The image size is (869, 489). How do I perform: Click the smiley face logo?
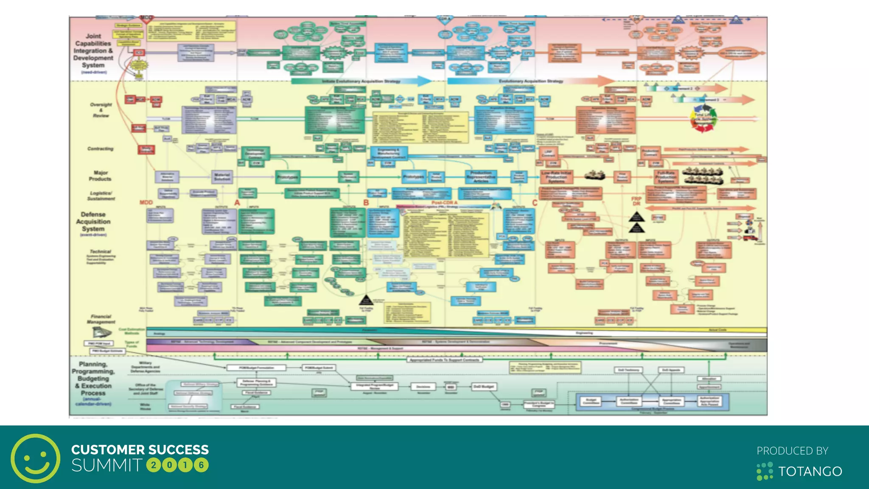(x=36, y=458)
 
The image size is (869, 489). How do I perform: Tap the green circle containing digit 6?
(x=201, y=465)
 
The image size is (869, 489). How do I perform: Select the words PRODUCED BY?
(x=792, y=451)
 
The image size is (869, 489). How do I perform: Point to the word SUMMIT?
(x=107, y=466)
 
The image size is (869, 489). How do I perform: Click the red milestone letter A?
(x=237, y=203)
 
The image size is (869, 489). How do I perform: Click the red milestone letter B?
(x=366, y=203)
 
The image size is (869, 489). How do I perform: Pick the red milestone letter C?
(x=535, y=203)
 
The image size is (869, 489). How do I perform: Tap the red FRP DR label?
(x=636, y=201)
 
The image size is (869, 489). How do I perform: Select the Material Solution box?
(x=221, y=177)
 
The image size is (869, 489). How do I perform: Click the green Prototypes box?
(x=287, y=177)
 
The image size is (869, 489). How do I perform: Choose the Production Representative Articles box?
(x=481, y=177)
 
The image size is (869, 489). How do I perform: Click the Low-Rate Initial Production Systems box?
(x=556, y=177)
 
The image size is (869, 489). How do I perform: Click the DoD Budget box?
(x=484, y=387)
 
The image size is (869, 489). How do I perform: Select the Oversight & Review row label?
(x=101, y=110)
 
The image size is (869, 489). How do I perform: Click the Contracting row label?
(x=100, y=149)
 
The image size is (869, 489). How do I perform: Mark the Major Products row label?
(x=100, y=176)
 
